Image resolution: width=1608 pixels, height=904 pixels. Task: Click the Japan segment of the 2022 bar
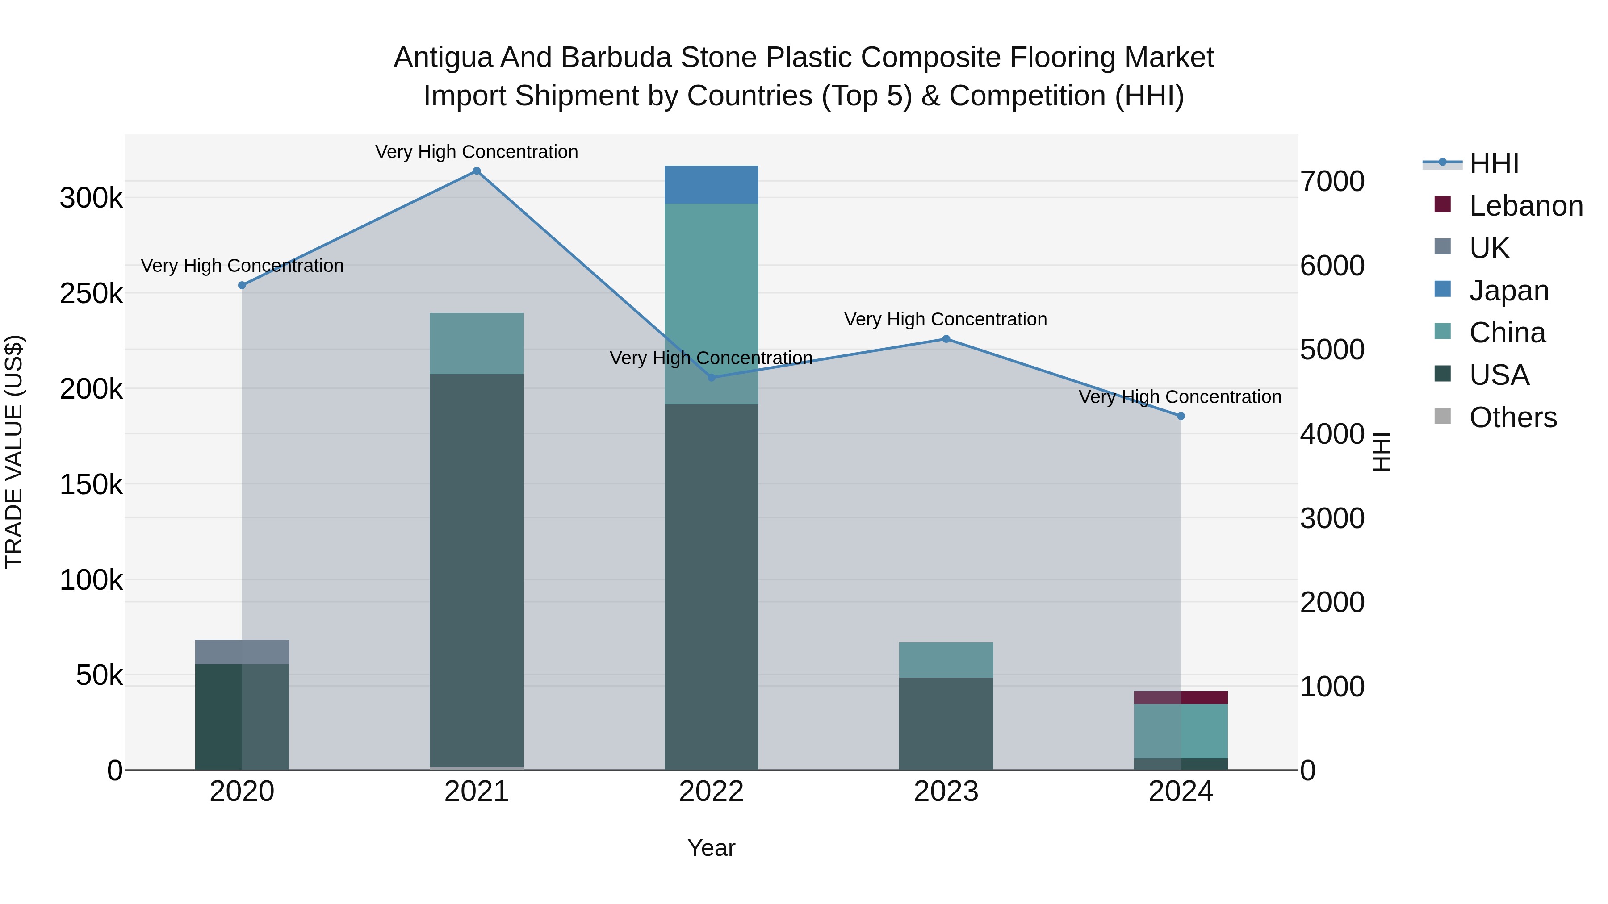(711, 185)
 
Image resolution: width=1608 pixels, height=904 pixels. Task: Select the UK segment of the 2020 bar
(242, 652)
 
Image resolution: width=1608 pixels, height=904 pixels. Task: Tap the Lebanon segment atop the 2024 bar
(1181, 697)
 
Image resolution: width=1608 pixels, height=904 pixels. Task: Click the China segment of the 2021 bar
(476, 343)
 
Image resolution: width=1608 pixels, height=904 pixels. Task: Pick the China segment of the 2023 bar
(946, 660)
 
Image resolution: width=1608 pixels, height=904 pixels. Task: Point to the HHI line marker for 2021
(476, 171)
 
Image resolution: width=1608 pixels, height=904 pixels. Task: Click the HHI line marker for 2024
(1181, 416)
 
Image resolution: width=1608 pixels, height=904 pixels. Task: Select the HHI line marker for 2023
(946, 339)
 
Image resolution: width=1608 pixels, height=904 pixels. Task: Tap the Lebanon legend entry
(1526, 206)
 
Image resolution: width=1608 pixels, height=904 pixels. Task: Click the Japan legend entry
(1509, 291)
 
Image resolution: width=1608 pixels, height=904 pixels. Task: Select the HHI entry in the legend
(1494, 163)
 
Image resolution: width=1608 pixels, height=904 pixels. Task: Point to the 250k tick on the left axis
(91, 294)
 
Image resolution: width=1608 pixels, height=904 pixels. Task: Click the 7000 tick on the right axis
(1332, 182)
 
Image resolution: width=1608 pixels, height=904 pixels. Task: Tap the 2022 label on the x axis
(711, 792)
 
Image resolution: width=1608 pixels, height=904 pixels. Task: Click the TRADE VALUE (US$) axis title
(14, 452)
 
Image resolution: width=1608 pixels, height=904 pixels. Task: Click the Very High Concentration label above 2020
(242, 266)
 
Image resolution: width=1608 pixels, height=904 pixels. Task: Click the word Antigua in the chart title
(443, 58)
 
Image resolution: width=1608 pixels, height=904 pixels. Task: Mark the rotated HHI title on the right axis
(1382, 452)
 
